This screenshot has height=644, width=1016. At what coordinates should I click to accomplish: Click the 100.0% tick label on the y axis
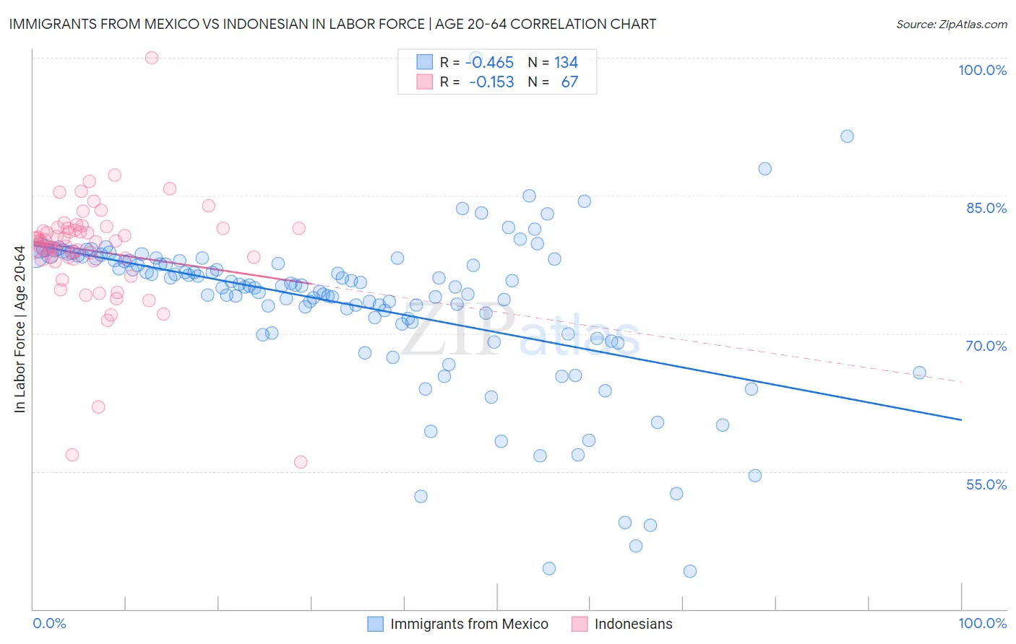click(982, 70)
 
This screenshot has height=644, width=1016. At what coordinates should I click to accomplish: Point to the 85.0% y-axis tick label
click(986, 208)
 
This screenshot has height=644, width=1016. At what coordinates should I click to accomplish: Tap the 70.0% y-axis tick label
click(986, 346)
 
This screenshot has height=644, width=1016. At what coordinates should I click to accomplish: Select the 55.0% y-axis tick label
click(986, 484)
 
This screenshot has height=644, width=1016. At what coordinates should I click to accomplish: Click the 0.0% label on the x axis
click(49, 623)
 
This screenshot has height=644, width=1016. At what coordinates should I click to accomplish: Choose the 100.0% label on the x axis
click(982, 623)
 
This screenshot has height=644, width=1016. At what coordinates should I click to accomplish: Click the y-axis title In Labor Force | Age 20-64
click(20, 329)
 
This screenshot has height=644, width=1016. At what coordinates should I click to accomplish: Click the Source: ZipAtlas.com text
click(951, 24)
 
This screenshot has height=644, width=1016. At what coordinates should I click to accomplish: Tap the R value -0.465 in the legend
click(489, 63)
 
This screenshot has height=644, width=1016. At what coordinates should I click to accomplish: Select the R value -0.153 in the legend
click(491, 82)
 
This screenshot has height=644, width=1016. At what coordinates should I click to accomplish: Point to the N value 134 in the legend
click(566, 63)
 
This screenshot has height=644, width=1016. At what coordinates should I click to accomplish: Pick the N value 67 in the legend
click(569, 82)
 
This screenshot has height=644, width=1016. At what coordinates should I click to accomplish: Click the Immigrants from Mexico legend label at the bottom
click(469, 624)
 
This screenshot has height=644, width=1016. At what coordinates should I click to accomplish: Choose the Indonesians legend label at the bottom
click(633, 624)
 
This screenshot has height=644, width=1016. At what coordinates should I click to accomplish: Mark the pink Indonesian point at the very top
click(152, 58)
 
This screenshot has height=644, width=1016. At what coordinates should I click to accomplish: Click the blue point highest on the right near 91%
click(847, 136)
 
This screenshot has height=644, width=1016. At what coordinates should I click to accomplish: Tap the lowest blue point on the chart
click(690, 571)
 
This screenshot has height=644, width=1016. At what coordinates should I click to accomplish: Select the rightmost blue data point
click(919, 373)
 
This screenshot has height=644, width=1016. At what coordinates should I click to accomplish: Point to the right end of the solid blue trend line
click(961, 419)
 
